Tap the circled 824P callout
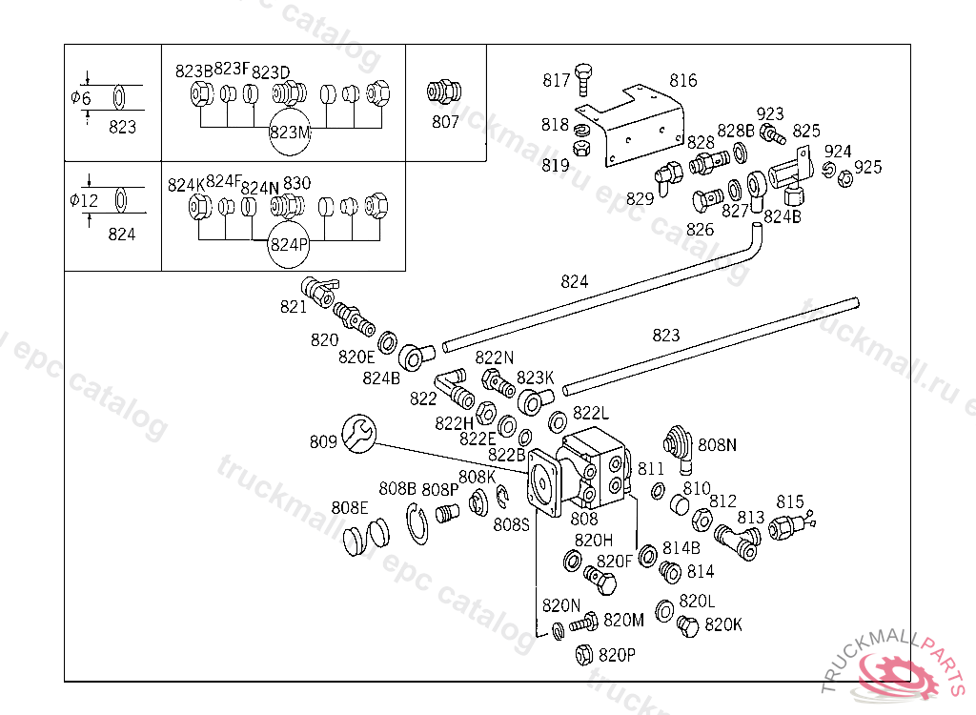coord(290,243)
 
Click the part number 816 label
coord(682,81)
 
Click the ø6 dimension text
coord(81,98)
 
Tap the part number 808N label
coord(718,444)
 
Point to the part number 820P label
coord(617,655)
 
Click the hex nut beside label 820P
coord(583,655)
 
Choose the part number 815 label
coord(790,501)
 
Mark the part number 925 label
coord(867,168)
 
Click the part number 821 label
coord(293,306)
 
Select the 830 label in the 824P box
coord(296,183)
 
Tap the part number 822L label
coord(591,413)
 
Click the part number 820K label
coord(723,624)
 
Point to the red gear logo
coord(901,674)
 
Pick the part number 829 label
coord(640,198)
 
